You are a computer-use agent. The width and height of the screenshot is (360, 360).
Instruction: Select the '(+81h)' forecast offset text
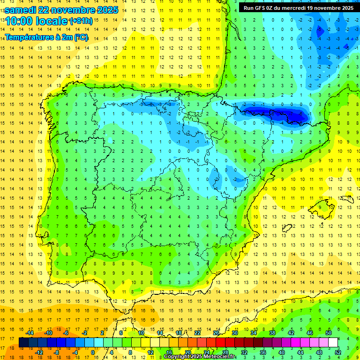point(81,21)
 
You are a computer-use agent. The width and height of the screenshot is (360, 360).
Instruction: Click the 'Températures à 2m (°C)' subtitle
point(46,37)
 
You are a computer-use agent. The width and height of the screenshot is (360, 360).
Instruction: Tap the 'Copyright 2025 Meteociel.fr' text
point(200,357)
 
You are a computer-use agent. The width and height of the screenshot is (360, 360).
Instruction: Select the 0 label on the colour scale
point(93,352)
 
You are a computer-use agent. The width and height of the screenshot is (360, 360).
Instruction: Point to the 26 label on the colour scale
point(216,333)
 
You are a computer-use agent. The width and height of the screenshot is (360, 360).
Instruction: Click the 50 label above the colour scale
point(328,333)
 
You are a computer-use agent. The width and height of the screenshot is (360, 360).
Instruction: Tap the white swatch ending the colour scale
point(333,342)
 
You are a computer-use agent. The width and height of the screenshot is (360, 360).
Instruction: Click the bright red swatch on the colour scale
point(221,342)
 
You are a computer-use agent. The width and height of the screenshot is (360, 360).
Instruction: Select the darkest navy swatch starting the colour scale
point(24,342)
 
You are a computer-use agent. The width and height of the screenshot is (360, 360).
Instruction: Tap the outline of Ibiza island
point(287,228)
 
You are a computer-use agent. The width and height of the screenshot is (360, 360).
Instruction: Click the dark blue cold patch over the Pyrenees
point(277,114)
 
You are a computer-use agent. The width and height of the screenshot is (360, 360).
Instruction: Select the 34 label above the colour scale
point(253,333)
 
